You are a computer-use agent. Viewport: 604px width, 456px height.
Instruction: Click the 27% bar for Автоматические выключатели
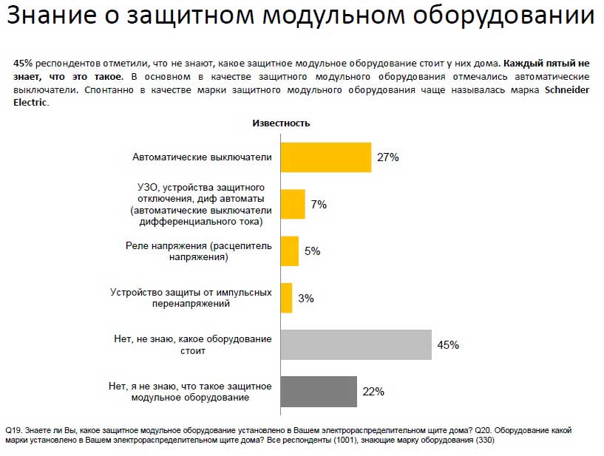coord(326,157)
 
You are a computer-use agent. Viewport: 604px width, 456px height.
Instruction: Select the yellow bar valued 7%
coord(293,205)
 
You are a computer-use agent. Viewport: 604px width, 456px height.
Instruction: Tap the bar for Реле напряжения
coord(290,251)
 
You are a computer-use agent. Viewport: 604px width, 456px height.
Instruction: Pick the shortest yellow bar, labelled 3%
coord(287,298)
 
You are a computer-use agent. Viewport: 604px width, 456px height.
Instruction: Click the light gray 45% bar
coord(356,345)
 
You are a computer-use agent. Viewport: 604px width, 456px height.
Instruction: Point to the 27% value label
coord(388,157)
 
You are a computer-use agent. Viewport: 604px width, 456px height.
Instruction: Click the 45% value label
coord(448,345)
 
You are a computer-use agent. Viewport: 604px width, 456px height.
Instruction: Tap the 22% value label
coord(373,392)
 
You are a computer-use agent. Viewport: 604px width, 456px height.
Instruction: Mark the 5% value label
coord(312,251)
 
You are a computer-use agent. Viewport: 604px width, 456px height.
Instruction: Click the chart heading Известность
coord(282,123)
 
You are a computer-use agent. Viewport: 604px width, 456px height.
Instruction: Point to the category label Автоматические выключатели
coord(202,157)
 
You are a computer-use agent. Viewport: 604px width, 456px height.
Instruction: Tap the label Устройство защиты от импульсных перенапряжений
coord(191,298)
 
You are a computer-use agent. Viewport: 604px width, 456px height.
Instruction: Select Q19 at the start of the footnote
coord(13,429)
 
